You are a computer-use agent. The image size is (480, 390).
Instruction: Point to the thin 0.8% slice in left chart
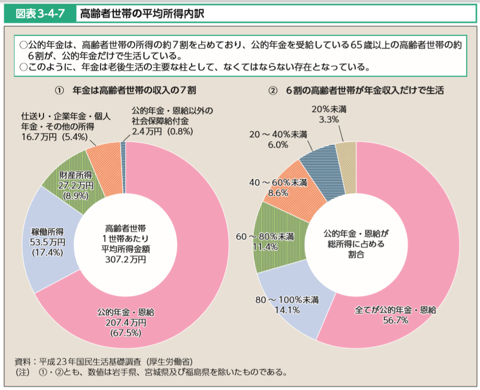[123, 167]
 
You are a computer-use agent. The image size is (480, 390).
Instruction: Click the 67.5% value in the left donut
[125, 333]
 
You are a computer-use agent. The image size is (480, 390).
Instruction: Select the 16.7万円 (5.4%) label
[51, 137]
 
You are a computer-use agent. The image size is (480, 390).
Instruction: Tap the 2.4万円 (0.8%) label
[162, 132]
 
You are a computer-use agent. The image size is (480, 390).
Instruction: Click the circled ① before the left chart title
[59, 90]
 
